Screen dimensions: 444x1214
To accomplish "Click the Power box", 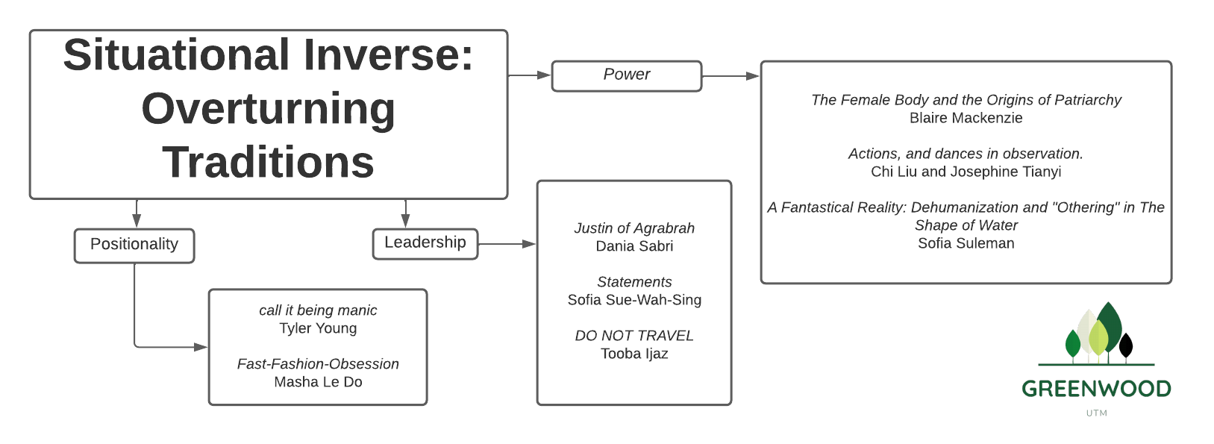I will [626, 75].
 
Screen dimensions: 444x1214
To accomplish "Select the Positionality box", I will [134, 245].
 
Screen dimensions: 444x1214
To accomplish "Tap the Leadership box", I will [425, 243].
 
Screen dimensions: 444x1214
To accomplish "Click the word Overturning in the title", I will [268, 109].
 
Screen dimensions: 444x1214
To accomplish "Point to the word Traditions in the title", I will [268, 162].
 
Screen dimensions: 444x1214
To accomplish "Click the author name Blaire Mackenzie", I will [966, 118].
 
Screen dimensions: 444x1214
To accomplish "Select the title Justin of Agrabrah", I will [634, 228].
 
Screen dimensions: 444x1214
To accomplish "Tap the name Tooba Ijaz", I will [634, 354].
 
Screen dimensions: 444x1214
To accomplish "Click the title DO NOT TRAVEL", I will [634, 336].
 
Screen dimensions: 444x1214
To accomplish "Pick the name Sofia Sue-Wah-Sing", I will [634, 300].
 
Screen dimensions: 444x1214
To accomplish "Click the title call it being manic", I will [318, 310].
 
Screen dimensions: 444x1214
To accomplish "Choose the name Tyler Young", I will [318, 328].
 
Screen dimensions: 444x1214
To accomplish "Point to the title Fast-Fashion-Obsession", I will [318, 364].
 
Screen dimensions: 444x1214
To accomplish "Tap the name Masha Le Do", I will [318, 382].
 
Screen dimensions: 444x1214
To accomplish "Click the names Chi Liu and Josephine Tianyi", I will [966, 172].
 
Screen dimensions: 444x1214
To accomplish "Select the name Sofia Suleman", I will [966, 243].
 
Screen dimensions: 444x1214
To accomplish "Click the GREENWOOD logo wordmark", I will [1096, 389].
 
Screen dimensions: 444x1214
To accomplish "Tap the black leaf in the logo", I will [1126, 345].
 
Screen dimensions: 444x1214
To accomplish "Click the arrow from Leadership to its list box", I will [507, 244].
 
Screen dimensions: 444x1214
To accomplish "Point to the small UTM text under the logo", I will [1096, 413].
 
